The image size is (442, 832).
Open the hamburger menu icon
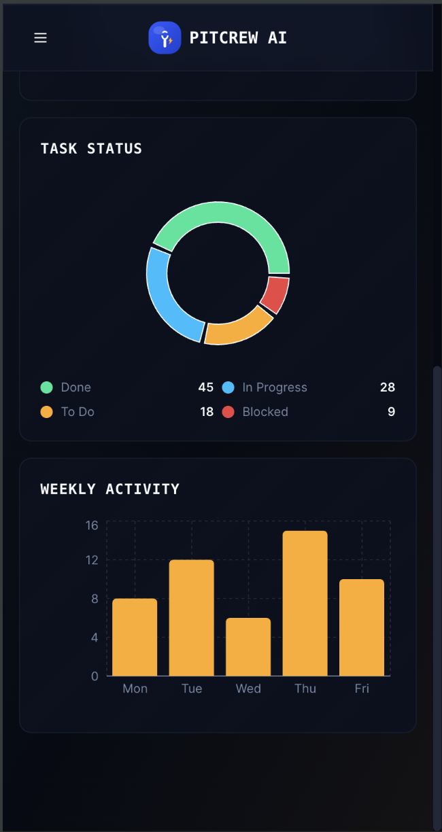[x=40, y=38]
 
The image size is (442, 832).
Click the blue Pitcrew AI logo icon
[x=165, y=38]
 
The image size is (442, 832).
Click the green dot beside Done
[x=46, y=387]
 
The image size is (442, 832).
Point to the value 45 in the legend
[x=205, y=387]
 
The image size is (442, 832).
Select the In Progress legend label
[x=275, y=387]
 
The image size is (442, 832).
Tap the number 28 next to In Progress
[x=387, y=387]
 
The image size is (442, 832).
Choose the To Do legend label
[x=78, y=412]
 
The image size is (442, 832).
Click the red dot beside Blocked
[x=228, y=412]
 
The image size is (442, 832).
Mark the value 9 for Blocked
[x=391, y=412]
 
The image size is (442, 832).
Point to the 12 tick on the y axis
[x=92, y=560]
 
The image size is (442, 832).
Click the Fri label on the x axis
[x=362, y=689]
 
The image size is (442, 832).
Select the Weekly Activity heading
[x=110, y=489]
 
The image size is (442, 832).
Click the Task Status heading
[x=91, y=149]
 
